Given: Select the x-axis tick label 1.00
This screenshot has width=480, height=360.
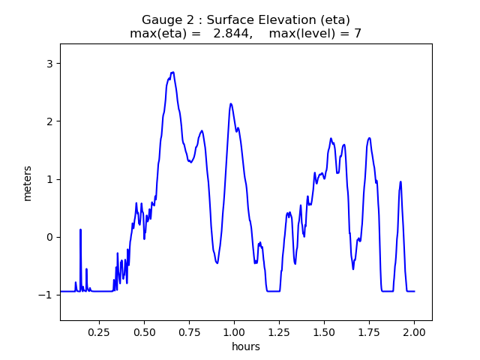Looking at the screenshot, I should [x=234, y=331].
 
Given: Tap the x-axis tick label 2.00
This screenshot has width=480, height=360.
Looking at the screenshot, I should [x=414, y=331].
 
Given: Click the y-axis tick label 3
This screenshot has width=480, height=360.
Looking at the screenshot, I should [x=49, y=63].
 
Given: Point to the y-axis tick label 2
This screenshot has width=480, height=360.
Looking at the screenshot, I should [x=49, y=121].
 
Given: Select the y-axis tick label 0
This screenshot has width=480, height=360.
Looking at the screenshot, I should [x=49, y=237].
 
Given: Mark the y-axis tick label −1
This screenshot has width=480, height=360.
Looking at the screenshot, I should [x=46, y=295].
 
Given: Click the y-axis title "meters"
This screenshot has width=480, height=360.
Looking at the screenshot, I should [x=28, y=182].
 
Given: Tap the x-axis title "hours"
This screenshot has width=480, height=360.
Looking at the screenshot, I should [x=246, y=346].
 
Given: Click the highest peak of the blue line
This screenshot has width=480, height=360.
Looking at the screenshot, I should [x=173, y=73].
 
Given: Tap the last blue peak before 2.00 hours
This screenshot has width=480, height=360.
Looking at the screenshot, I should [x=400, y=181].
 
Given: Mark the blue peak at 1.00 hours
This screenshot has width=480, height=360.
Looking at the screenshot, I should [x=231, y=103].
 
